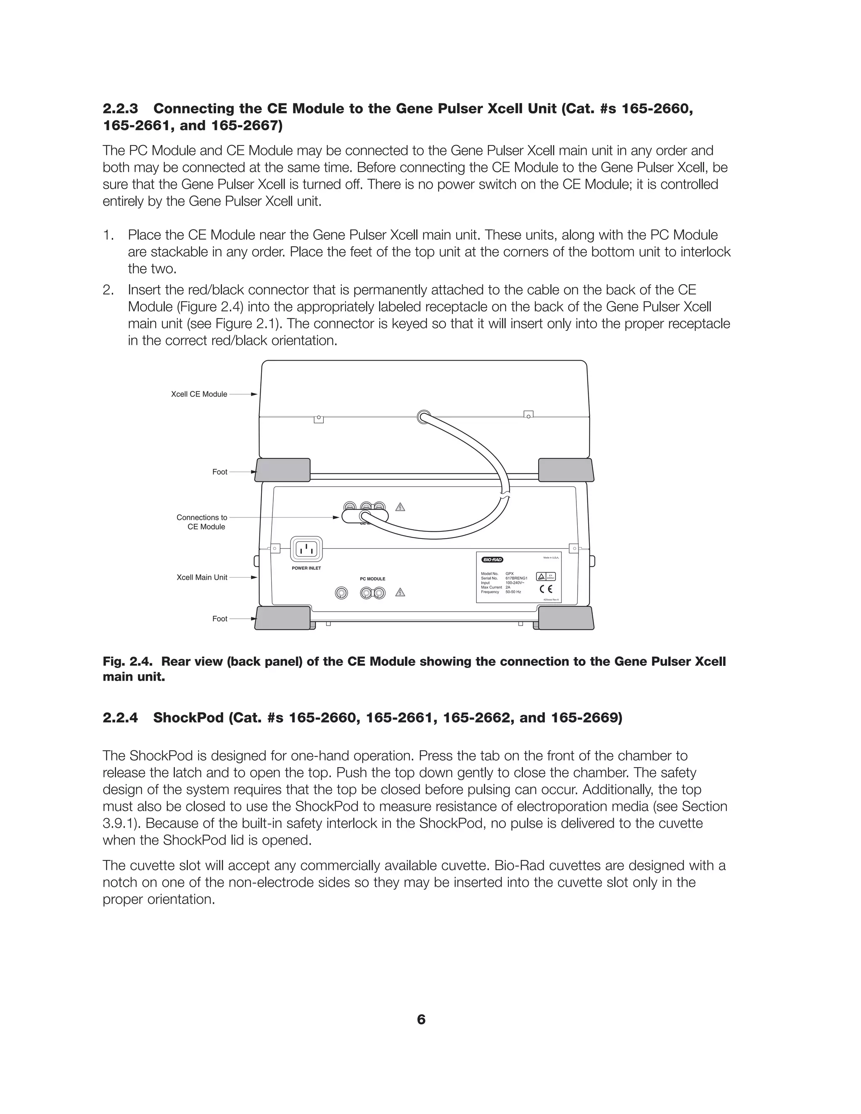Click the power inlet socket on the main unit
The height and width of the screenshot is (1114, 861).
coord(306,549)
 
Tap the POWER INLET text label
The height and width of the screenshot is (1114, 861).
coord(306,568)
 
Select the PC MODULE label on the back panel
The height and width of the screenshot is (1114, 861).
coord(372,579)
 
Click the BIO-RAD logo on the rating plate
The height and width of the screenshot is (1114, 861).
coord(492,560)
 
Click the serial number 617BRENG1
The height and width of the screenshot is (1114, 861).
coord(516,578)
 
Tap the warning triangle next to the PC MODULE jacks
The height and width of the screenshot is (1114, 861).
coord(400,592)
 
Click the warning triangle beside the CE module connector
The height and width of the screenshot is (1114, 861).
coord(400,507)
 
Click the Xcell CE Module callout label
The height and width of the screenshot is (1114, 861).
coord(199,394)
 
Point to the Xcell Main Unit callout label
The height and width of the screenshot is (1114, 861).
coord(202,578)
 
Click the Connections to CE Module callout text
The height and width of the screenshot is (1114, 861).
coord(202,522)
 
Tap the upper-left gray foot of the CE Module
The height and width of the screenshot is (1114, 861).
coord(283,470)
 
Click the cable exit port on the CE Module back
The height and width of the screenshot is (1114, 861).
coord(423,417)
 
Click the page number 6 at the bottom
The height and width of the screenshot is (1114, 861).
coord(421,1020)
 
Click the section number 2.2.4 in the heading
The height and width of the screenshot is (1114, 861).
coord(120,718)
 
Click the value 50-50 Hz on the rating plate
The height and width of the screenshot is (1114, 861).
coord(513,592)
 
